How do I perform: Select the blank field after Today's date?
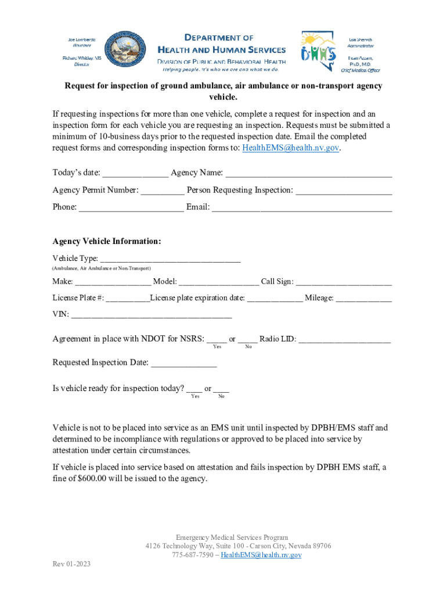point(135,173)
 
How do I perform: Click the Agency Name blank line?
point(308,173)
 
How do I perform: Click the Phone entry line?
point(131,207)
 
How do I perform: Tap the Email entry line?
point(302,207)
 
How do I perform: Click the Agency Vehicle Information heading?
point(107,241)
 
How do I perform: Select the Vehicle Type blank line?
point(170,259)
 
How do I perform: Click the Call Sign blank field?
point(344,282)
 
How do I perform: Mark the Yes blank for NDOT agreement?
point(217,339)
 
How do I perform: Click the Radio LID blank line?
point(345,339)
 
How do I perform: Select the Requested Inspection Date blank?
point(184,363)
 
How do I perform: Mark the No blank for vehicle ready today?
point(221,388)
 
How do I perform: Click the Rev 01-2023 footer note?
point(71,564)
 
